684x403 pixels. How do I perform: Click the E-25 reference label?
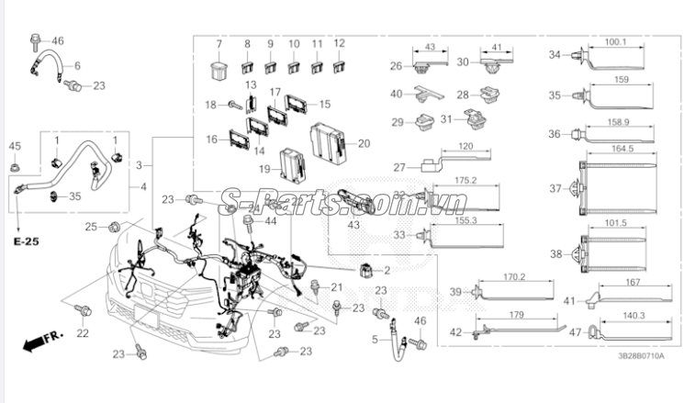click(x=27, y=241)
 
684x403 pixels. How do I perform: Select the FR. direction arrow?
click(x=43, y=341)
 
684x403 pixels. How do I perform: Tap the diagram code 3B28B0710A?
click(x=641, y=356)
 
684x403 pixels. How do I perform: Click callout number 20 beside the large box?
click(x=364, y=143)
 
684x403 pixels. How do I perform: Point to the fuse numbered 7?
click(x=218, y=72)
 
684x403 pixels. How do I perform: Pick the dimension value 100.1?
click(x=615, y=42)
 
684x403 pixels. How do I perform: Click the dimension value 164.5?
click(x=622, y=149)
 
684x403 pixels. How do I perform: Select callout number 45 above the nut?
click(x=15, y=146)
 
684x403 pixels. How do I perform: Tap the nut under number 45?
click(x=15, y=166)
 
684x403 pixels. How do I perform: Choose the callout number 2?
click(x=387, y=271)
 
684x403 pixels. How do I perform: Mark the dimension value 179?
click(x=517, y=315)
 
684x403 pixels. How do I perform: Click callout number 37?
click(x=555, y=188)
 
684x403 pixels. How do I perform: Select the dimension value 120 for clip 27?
click(x=465, y=146)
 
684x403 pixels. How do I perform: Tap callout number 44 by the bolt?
click(x=271, y=221)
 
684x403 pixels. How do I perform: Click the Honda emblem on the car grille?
click(x=147, y=289)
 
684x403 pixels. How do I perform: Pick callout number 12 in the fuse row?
click(x=339, y=43)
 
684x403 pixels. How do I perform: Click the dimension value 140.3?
click(x=634, y=316)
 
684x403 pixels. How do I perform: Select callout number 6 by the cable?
click(x=77, y=65)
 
